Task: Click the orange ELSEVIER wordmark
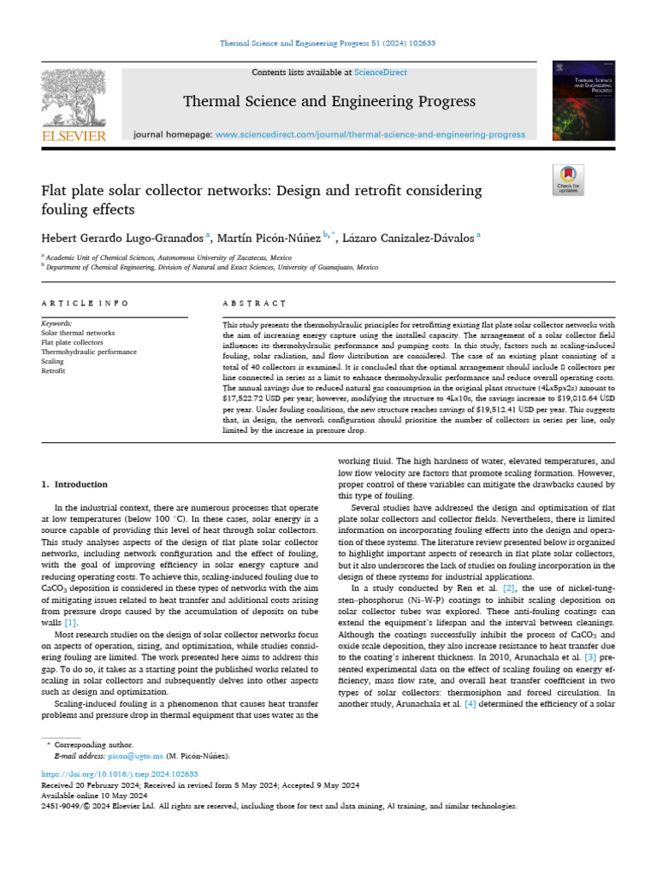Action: tap(74, 136)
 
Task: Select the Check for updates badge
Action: tap(568, 180)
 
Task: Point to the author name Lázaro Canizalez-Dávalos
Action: tap(404, 237)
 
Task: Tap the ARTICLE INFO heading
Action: tap(86, 304)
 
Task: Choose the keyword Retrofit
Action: tap(55, 371)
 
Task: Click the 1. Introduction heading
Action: tap(75, 484)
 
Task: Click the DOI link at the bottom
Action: tap(120, 773)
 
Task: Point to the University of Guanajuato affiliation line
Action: tap(213, 267)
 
